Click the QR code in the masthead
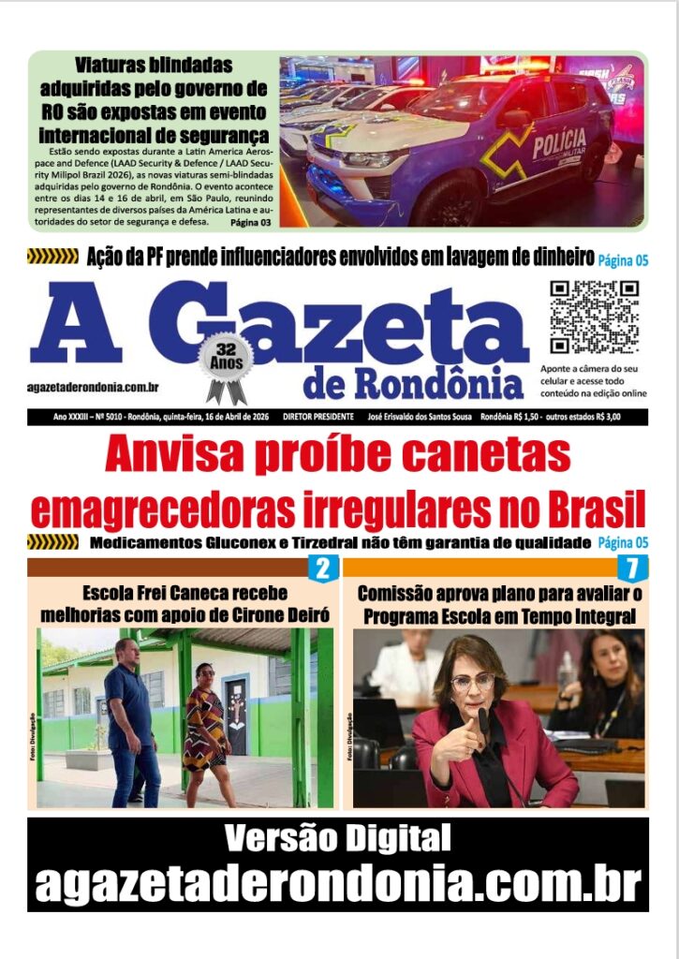click(x=594, y=317)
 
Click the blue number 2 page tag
click(x=322, y=568)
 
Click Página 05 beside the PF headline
click(x=623, y=259)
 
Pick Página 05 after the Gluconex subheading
click(x=623, y=542)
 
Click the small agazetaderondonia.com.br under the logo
click(x=92, y=387)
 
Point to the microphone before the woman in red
click(x=484, y=721)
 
